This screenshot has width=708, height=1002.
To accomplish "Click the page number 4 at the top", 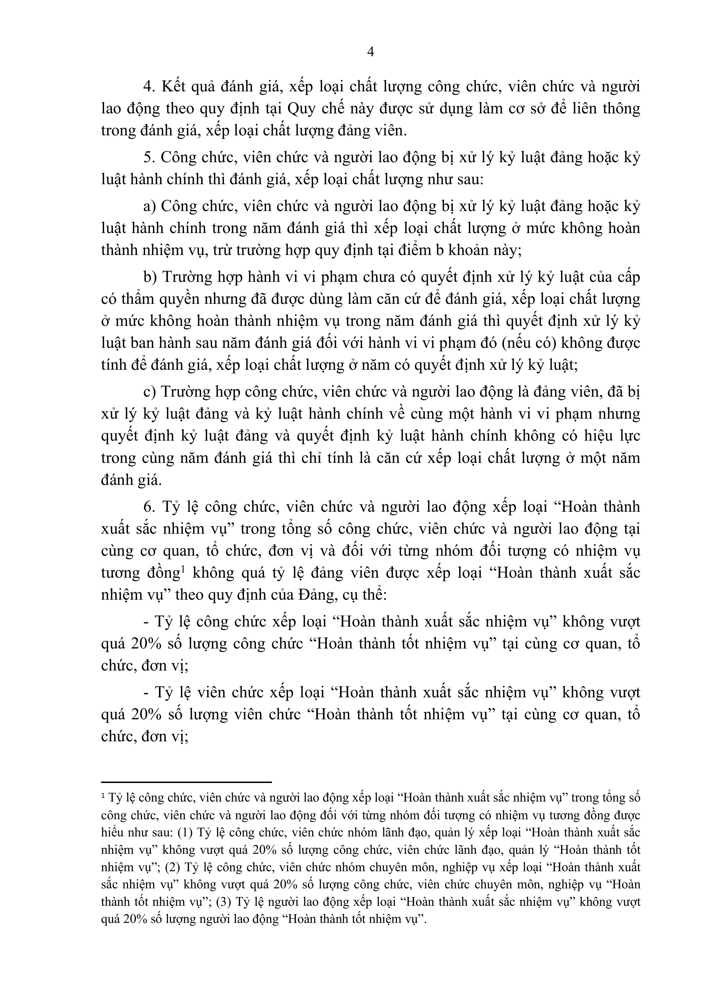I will [370, 52].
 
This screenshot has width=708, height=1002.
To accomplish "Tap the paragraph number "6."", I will [150, 507].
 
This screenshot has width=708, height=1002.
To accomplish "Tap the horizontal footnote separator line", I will [186, 782].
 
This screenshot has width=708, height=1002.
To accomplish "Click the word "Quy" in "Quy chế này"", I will [301, 109].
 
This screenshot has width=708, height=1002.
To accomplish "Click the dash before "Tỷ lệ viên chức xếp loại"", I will [146, 692].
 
